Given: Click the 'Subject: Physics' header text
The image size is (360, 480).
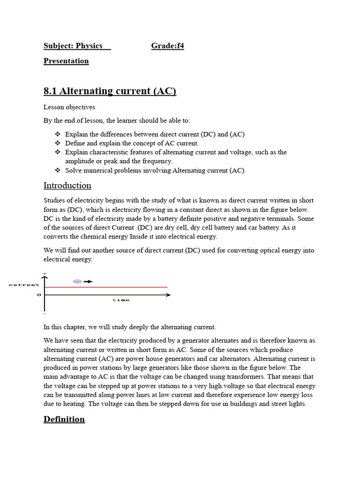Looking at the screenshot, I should point(73,46).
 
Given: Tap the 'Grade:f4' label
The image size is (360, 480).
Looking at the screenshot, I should point(167,46).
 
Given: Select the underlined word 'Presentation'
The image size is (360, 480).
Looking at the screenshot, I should point(66,61).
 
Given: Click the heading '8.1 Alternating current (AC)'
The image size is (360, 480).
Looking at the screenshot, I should point(110,91).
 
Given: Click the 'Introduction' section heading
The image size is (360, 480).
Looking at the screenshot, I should point(67,186).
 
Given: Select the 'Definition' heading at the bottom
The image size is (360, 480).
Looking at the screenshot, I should point(64,419).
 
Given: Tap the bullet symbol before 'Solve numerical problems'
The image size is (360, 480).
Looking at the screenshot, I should point(58,171).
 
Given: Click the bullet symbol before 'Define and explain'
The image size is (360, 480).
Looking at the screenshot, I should point(58,143).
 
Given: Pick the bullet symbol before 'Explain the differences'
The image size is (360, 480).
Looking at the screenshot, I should point(58,135).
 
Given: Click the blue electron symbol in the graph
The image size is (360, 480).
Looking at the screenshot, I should point(77,281).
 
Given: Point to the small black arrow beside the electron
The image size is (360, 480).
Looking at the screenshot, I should point(88,281).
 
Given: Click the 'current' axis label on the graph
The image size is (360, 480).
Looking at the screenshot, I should point(24,285).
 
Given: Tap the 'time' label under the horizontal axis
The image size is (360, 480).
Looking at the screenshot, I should point(121,300).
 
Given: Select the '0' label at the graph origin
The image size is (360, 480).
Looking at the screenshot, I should point(39,295).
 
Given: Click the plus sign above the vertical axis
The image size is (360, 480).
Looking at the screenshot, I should point(45,273).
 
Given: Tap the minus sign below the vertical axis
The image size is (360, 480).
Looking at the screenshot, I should point(45,314).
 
